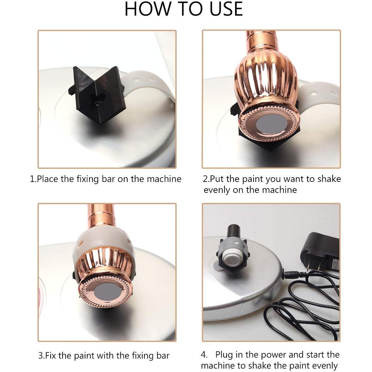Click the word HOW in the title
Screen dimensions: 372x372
tap(148, 9)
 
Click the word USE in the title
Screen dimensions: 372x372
tap(226, 9)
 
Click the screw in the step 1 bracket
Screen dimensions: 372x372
tap(98, 104)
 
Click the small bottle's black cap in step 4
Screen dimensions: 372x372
tap(234, 232)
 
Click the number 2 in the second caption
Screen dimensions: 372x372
tap(205, 179)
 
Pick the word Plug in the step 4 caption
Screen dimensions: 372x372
tap(224, 355)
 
